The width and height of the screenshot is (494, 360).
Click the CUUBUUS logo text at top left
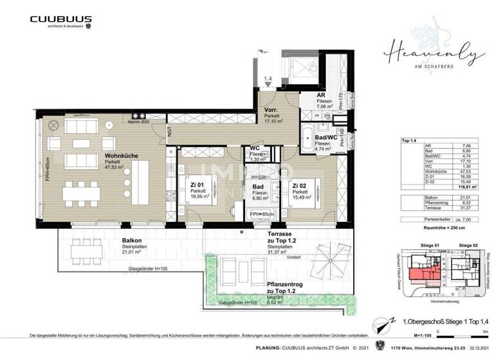point(60,20)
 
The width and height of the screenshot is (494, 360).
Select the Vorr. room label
point(271,111)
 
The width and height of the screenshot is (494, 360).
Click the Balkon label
point(132,242)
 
